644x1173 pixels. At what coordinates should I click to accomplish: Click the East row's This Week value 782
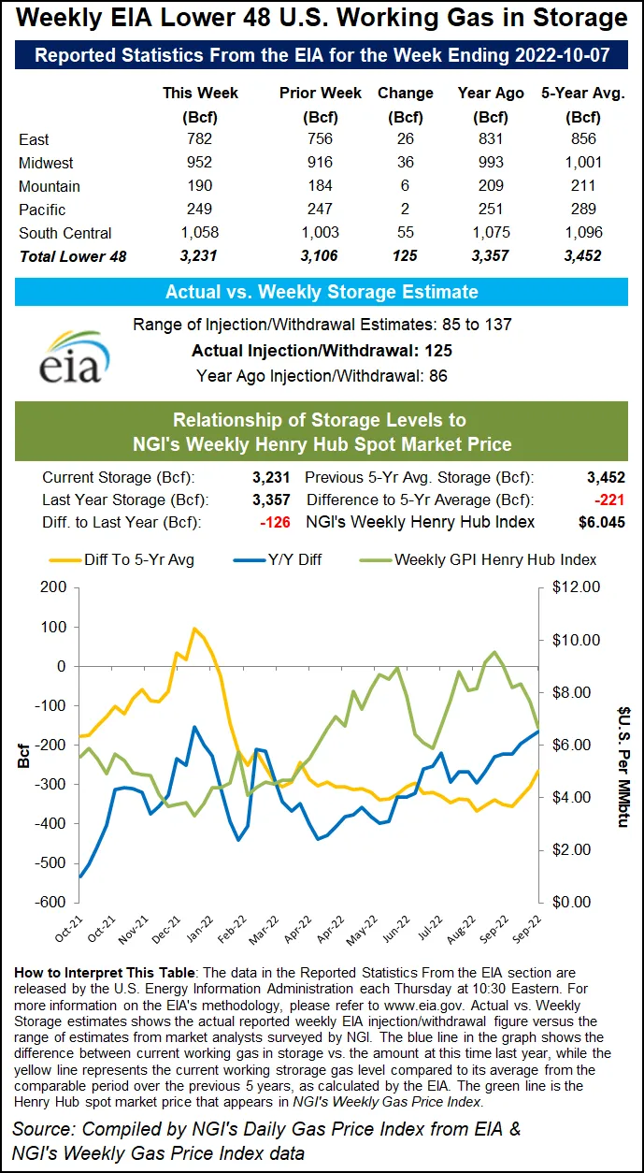click(200, 139)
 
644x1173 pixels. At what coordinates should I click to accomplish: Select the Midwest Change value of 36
click(406, 163)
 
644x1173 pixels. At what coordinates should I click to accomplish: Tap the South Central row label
click(65, 233)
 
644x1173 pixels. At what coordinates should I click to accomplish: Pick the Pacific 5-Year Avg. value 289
click(584, 210)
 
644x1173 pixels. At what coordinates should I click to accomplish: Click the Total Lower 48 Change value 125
click(406, 256)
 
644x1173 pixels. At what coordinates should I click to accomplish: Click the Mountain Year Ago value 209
click(497, 186)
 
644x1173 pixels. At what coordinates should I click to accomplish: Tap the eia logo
click(72, 355)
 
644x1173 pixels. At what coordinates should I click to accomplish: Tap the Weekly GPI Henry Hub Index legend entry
click(495, 559)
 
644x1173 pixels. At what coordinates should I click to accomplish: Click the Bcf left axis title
click(22, 753)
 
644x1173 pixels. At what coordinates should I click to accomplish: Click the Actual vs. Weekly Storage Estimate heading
click(322, 292)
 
